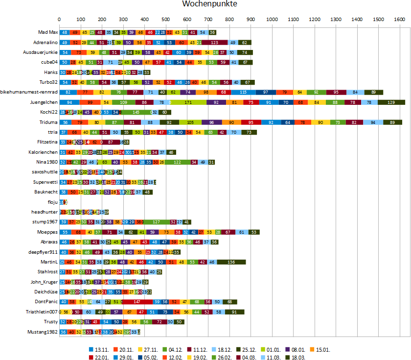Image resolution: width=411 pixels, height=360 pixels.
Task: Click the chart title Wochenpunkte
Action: [210, 4]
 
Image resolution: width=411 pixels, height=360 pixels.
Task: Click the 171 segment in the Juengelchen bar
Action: [188, 102]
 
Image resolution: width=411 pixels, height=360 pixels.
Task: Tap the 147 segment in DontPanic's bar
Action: [137, 302]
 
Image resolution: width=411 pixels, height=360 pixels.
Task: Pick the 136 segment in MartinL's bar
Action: [231, 262]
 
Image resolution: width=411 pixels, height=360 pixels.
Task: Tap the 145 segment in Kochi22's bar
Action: [136, 112]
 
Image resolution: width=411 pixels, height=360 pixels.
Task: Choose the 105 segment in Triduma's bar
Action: [190, 122]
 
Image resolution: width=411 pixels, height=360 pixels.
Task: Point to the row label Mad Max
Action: [47, 32]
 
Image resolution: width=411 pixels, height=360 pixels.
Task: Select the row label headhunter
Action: [45, 212]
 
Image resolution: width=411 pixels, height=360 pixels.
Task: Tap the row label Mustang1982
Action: [44, 332]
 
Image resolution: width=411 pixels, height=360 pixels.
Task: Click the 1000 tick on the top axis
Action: [272, 20]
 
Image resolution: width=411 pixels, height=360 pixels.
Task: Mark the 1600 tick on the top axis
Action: [399, 20]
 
